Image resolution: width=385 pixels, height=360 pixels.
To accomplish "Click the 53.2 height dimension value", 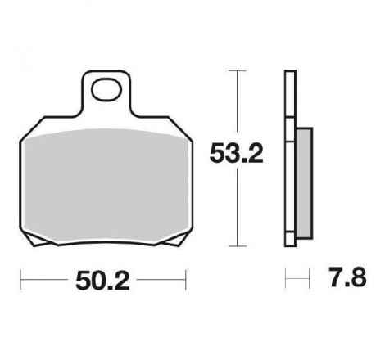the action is tap(236, 154).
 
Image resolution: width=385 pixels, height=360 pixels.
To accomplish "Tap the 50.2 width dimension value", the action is tap(102, 281).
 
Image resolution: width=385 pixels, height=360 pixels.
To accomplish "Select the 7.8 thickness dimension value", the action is tap(347, 277).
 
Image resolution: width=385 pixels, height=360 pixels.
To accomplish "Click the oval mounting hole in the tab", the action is tap(106, 89).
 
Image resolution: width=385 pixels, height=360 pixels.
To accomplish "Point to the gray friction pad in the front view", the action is tap(106, 186).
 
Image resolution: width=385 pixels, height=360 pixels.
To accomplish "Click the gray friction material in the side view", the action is tap(304, 183).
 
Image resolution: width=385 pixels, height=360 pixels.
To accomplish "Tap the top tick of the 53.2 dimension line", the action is tap(238, 70).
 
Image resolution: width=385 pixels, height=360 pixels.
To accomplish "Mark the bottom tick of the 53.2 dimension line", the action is tap(238, 246).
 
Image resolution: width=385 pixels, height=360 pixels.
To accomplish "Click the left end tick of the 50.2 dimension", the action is tap(20, 280).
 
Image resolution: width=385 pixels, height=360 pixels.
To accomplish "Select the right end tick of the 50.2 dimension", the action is tap(186, 280).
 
